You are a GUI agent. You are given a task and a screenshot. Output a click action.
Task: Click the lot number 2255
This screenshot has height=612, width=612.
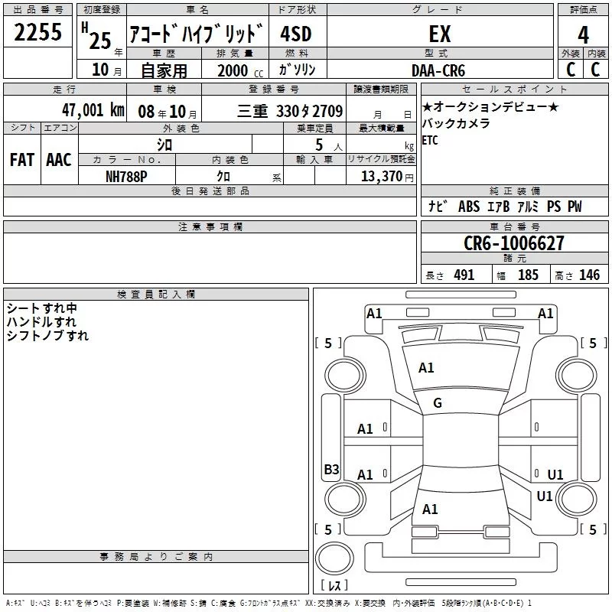(37, 32)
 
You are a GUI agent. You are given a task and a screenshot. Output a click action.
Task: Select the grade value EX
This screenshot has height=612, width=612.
(440, 34)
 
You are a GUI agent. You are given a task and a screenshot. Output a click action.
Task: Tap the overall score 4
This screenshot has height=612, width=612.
(583, 35)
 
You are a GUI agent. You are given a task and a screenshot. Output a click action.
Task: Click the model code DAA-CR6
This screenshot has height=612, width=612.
(438, 70)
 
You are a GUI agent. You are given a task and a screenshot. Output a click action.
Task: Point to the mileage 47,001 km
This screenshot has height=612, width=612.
(93, 110)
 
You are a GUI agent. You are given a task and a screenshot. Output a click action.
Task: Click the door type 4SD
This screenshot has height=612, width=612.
(296, 34)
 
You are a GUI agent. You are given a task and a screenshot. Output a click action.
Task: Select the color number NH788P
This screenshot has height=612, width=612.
(126, 177)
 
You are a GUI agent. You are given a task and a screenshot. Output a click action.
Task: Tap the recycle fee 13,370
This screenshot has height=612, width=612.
(381, 177)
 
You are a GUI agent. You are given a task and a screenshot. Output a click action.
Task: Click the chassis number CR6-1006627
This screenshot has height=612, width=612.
(514, 243)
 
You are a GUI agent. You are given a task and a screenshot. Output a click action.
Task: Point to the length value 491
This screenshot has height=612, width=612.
(464, 275)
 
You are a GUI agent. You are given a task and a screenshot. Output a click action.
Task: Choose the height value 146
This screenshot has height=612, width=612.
(589, 275)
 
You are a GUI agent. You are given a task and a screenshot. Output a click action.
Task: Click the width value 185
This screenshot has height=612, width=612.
(528, 275)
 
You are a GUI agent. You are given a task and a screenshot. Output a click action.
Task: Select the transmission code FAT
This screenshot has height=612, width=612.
(22, 160)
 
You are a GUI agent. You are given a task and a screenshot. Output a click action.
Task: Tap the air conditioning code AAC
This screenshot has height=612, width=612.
(59, 160)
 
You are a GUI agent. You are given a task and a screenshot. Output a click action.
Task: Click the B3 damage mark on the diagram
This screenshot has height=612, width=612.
(331, 469)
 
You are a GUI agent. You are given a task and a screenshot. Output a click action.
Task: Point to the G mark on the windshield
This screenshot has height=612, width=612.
(438, 403)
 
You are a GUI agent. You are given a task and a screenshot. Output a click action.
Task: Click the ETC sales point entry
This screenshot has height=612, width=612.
(430, 140)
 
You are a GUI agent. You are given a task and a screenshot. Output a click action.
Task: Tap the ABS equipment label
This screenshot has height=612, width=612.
(469, 207)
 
